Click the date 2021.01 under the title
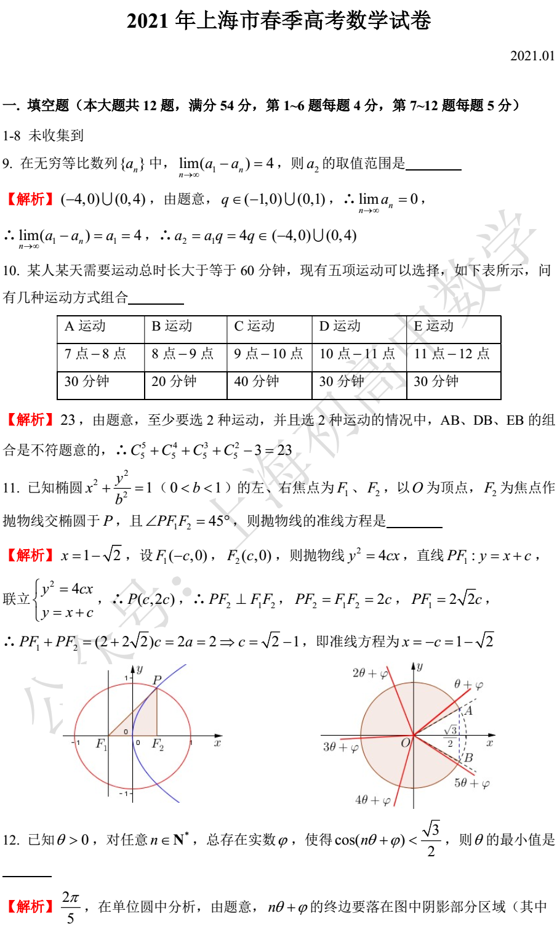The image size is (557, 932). click(532, 55)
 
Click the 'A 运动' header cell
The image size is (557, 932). click(86, 326)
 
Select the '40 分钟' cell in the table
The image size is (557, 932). click(257, 382)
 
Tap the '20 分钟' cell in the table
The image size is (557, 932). click(174, 382)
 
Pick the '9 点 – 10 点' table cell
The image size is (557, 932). click(268, 353)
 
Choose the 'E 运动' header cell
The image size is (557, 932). click(434, 326)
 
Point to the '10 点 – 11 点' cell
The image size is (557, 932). click(357, 353)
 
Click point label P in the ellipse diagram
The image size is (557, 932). click(157, 680)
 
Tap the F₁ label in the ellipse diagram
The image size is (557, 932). click(102, 744)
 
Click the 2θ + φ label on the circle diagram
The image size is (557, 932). click(370, 673)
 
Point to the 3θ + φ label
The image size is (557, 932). click(341, 747)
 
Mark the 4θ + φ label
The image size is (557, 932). click(372, 800)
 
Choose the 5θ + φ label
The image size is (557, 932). click(472, 783)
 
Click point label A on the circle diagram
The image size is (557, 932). click(468, 710)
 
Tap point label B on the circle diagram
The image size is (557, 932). click(468, 758)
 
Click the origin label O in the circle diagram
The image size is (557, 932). click(405, 743)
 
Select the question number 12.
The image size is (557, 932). click(10, 840)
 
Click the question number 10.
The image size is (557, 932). click(10, 270)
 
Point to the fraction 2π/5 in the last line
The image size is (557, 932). click(70, 907)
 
